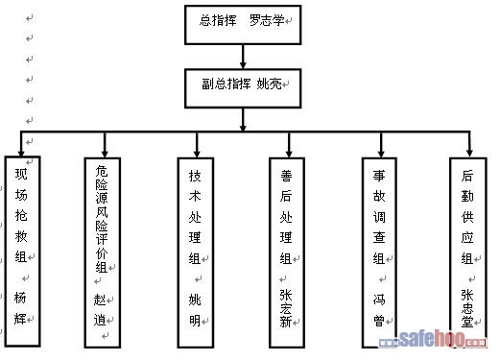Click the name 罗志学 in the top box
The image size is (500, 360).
[x=267, y=20]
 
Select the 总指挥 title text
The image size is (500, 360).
[x=218, y=20]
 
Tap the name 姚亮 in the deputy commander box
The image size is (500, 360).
[x=269, y=84]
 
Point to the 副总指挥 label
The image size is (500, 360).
[x=226, y=84]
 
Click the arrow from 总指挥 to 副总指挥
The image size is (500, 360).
[x=243, y=57]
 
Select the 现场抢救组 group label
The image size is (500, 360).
[x=21, y=215]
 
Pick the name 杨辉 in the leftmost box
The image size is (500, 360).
[x=20, y=308]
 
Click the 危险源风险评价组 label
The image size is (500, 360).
[x=102, y=219]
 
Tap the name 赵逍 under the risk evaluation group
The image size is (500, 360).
[x=100, y=310]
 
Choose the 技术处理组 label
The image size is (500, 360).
[x=195, y=217]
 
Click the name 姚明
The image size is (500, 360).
[x=195, y=310]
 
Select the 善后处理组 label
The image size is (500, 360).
[x=286, y=217]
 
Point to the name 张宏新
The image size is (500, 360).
[x=286, y=308]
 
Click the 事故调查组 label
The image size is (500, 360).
[x=379, y=217]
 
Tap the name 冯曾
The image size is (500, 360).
[x=379, y=310]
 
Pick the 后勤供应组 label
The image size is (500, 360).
[x=467, y=217]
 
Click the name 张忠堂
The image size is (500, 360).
[x=467, y=308]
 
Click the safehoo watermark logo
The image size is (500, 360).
[x=433, y=339]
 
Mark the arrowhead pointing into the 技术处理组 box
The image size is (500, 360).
[x=197, y=154]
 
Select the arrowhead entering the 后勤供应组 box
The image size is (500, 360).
[x=469, y=153]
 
